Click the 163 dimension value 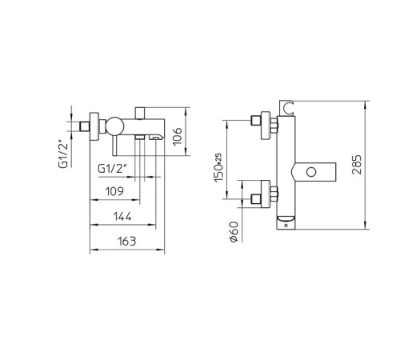125,241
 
